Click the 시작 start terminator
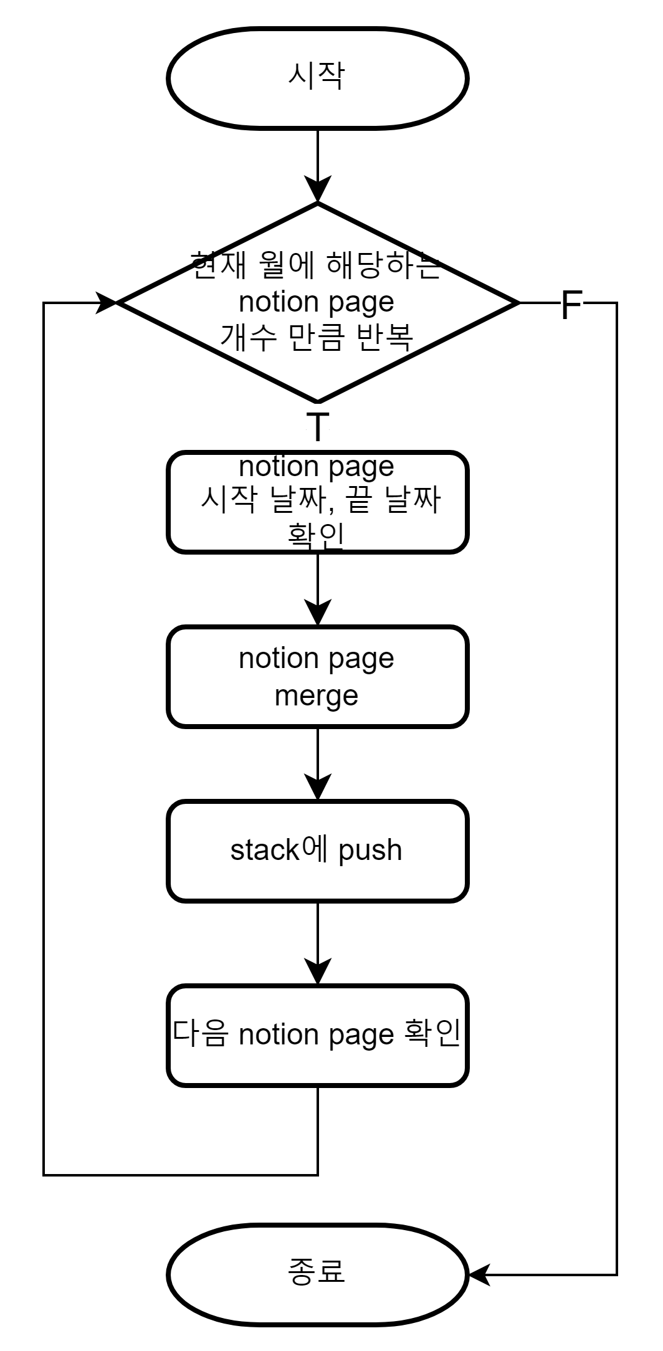coord(317,79)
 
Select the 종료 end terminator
coord(317,1274)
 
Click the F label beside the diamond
coord(571,305)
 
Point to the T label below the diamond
coord(318,427)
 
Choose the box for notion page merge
coord(317,677)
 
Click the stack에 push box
coord(317,851)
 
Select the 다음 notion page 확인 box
coord(317,1035)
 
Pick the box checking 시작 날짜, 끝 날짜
coord(317,502)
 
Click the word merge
coord(317,695)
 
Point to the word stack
coord(265,850)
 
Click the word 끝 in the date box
coord(360,500)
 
